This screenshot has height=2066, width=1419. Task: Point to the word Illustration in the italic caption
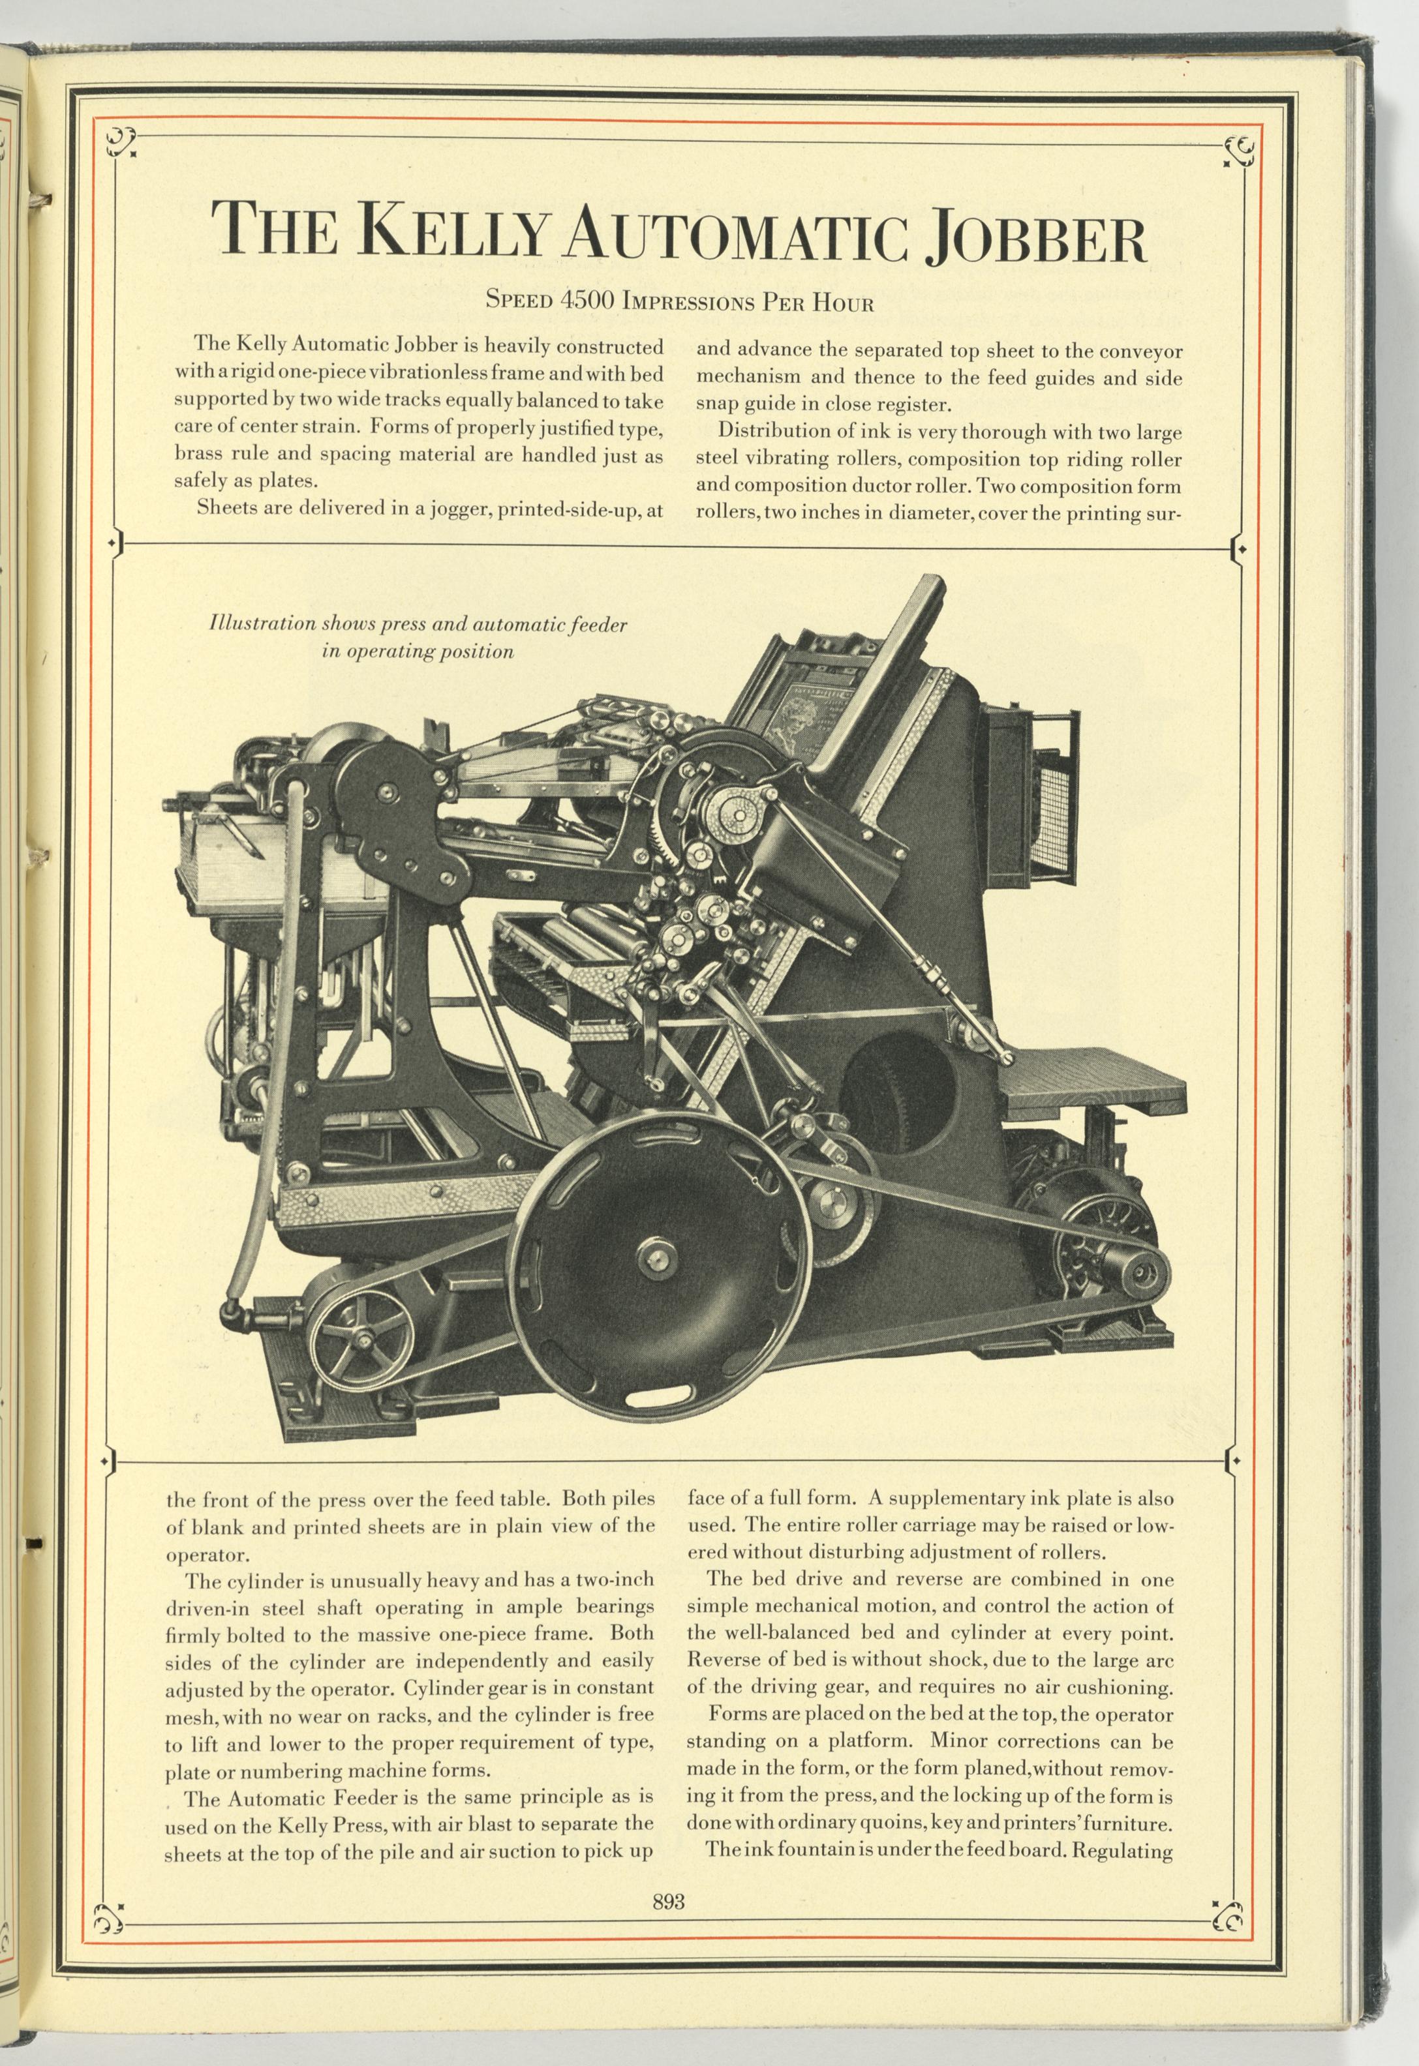(x=262, y=623)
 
